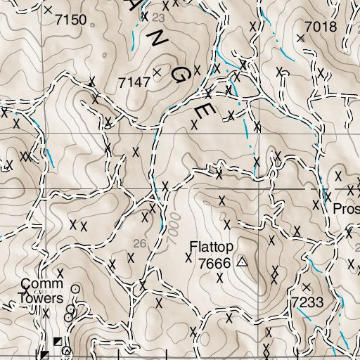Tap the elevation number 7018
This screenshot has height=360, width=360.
tap(321, 27)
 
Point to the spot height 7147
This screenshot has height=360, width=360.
tap(134, 83)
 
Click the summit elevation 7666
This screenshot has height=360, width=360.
tap(214, 263)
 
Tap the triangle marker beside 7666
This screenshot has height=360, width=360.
tap(243, 262)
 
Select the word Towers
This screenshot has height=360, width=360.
tap(44, 297)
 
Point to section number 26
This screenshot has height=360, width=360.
tap(140, 243)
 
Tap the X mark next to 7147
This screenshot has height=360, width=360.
tap(157, 72)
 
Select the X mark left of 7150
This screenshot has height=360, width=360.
tap(47, 11)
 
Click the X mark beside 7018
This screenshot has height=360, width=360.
tap(300, 38)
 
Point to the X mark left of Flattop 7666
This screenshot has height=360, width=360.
tap(188, 258)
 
